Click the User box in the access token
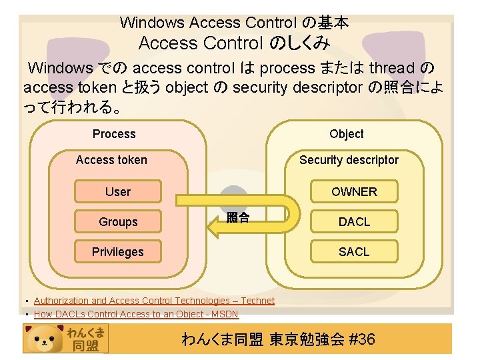[x=118, y=192]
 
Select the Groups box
[x=118, y=222]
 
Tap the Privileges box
[x=118, y=252]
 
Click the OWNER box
[x=354, y=192]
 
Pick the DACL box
[x=354, y=222]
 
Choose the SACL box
[x=354, y=252]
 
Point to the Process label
[x=114, y=134]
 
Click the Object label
[x=347, y=134]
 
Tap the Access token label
[x=111, y=160]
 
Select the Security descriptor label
[x=349, y=160]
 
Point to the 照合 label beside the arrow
[x=238, y=217]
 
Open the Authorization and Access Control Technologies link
[x=154, y=301]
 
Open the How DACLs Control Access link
[x=136, y=314]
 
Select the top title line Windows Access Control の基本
[x=234, y=23]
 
